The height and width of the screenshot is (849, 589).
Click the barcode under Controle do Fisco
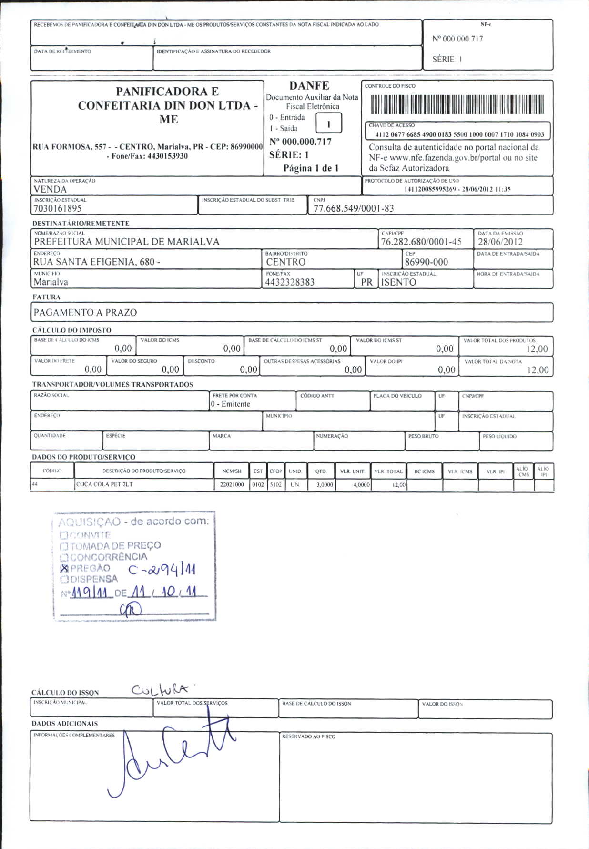click(457, 104)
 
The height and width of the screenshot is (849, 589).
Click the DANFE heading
click(309, 86)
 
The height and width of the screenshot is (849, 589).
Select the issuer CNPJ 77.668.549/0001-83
click(354, 208)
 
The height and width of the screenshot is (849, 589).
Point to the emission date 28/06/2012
click(500, 242)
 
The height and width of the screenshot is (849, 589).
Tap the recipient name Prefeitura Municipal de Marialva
click(127, 242)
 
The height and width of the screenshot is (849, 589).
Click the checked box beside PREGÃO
click(64, 568)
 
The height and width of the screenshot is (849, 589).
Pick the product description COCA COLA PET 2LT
click(104, 484)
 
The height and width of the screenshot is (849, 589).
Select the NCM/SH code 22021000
click(232, 484)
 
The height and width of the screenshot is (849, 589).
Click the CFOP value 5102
click(275, 484)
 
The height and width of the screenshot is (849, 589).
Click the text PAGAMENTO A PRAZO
click(85, 313)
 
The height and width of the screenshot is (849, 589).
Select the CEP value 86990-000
click(426, 262)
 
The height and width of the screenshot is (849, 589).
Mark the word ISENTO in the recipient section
click(399, 282)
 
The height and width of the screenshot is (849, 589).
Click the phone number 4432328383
click(290, 282)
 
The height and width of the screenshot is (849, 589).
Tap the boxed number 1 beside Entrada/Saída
click(328, 123)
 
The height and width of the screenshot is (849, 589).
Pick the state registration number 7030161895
click(58, 208)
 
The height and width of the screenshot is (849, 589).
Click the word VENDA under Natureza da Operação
click(50, 189)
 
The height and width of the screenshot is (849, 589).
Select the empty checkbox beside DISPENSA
click(64, 579)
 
